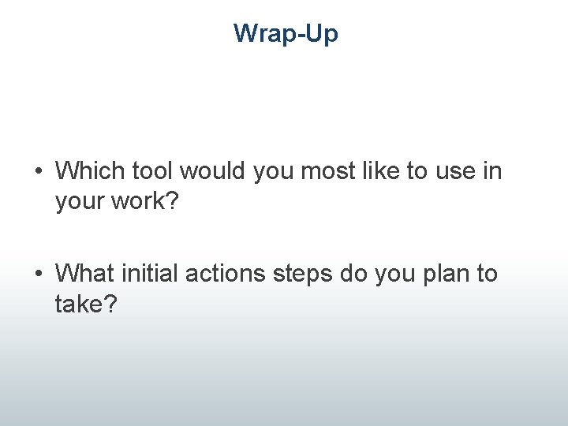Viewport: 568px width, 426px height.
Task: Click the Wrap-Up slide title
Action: (x=286, y=34)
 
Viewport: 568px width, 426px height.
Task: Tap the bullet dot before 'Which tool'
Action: (x=38, y=170)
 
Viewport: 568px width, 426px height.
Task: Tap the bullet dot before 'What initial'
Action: (x=38, y=275)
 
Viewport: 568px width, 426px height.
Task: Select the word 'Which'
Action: (x=87, y=170)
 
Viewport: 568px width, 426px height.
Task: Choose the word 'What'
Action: (x=84, y=275)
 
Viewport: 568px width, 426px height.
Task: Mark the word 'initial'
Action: (x=149, y=275)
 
